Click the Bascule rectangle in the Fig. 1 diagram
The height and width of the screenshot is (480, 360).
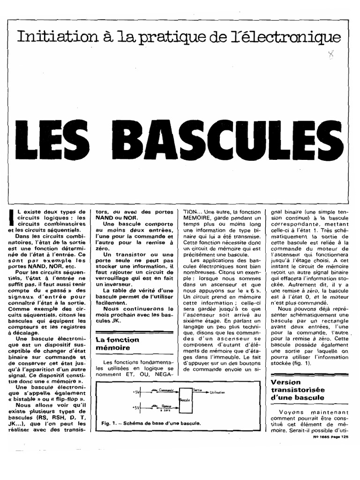click(x=185, y=400)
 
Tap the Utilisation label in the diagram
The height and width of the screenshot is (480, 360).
click(x=217, y=392)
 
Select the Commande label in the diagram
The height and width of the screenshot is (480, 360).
click(x=166, y=390)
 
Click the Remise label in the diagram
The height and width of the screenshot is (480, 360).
click(x=166, y=407)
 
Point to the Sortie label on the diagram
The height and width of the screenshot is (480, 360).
click(x=198, y=390)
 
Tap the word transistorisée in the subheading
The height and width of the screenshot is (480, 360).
click(x=297, y=390)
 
